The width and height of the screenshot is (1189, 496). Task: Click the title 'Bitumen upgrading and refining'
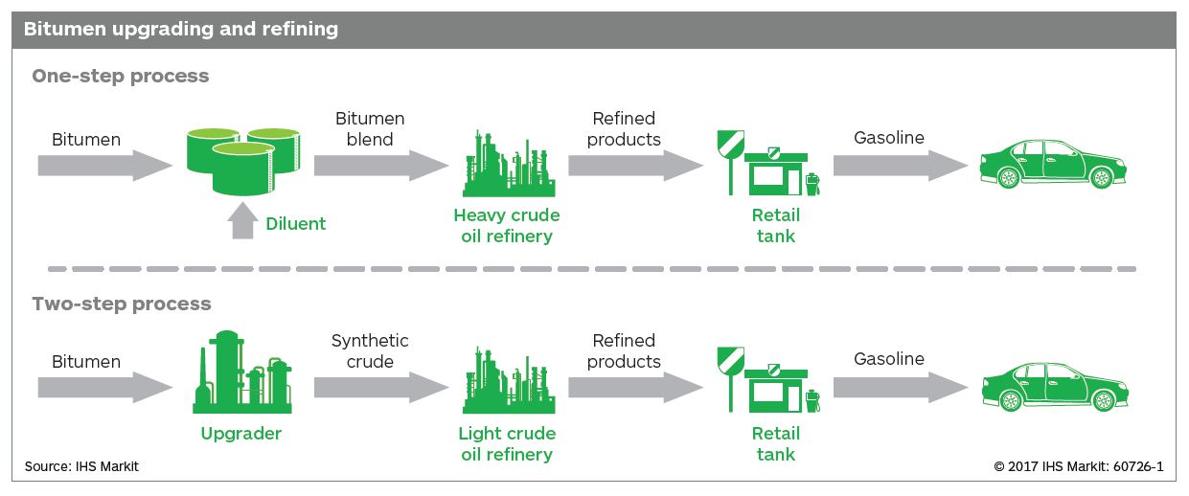pyautogui.click(x=180, y=29)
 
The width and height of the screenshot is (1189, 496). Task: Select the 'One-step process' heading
pyautogui.click(x=121, y=76)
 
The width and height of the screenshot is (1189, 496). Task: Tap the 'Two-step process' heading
pyautogui.click(x=122, y=304)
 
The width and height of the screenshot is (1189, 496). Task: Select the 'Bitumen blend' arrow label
pyautogui.click(x=370, y=129)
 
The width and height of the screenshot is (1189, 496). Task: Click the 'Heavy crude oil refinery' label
pyautogui.click(x=506, y=226)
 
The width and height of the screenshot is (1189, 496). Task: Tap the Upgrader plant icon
pyautogui.click(x=241, y=373)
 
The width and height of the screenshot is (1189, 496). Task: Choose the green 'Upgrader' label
pyautogui.click(x=241, y=434)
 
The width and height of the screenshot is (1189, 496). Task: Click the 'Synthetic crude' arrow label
pyautogui.click(x=370, y=351)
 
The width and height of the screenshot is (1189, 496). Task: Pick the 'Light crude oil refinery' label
pyautogui.click(x=506, y=443)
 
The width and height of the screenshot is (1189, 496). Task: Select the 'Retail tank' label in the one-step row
pyautogui.click(x=776, y=226)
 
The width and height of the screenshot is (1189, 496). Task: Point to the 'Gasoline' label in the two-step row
pyautogui.click(x=889, y=359)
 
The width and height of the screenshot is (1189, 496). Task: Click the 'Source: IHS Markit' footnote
pyautogui.click(x=81, y=467)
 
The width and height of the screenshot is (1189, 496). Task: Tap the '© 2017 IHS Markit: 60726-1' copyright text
pyautogui.click(x=1078, y=467)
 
